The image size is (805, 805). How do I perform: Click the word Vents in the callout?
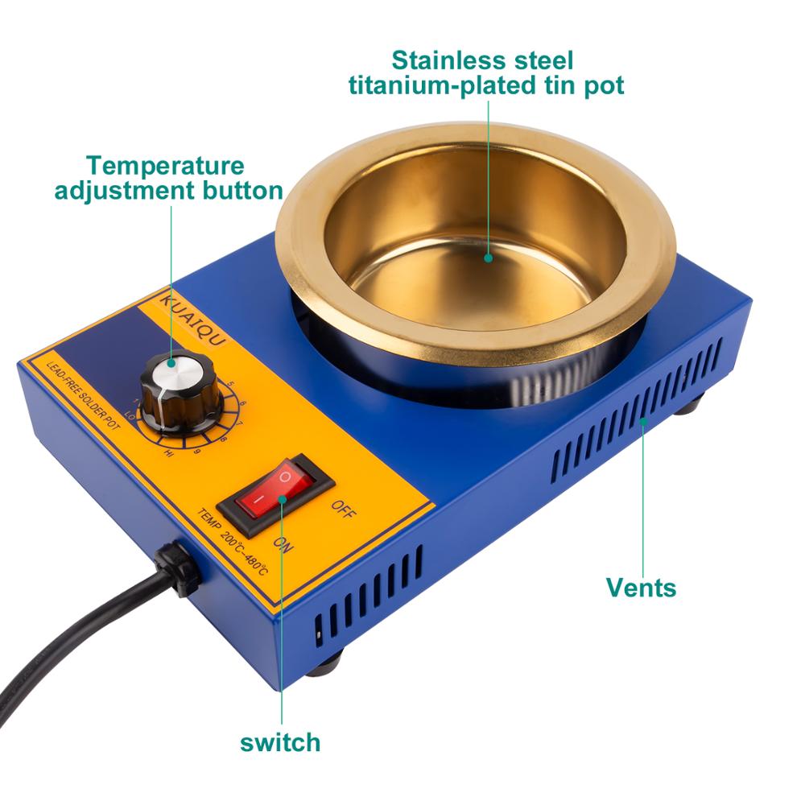click(641, 587)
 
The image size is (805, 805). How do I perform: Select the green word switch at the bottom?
click(280, 741)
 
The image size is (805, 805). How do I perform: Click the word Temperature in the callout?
click(166, 166)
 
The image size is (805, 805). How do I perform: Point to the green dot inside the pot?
click(489, 258)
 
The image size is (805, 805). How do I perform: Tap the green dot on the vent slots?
click(642, 421)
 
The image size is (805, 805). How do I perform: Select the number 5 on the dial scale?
click(230, 384)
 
